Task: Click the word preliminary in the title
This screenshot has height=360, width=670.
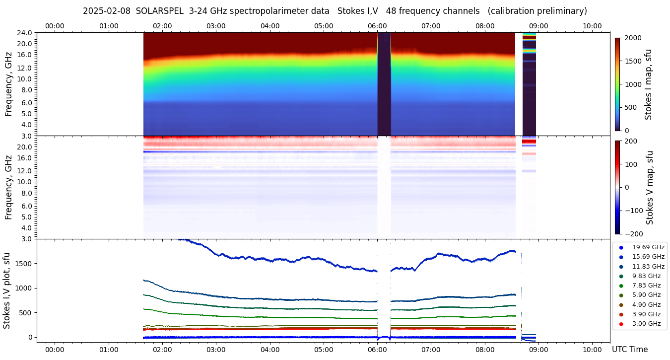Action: [561, 11]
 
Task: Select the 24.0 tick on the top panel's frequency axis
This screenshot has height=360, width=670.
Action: [25, 33]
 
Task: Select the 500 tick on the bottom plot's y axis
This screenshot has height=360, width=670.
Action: [25, 313]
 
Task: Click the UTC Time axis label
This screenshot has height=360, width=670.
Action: [629, 350]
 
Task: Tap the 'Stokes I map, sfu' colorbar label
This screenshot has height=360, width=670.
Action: [649, 84]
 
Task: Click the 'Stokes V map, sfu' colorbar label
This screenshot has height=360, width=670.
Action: [650, 188]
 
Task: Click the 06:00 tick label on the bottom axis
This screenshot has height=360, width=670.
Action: [377, 350]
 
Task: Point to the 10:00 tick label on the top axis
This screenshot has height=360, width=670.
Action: [592, 26]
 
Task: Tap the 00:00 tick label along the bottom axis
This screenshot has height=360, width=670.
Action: [55, 350]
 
